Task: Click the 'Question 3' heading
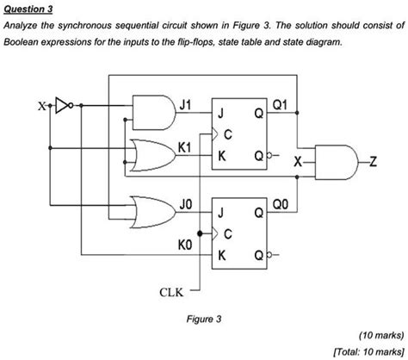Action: (28, 9)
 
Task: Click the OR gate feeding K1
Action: (148, 155)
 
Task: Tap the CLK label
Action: (170, 292)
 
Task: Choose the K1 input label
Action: (183, 148)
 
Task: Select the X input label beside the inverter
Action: (40, 108)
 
